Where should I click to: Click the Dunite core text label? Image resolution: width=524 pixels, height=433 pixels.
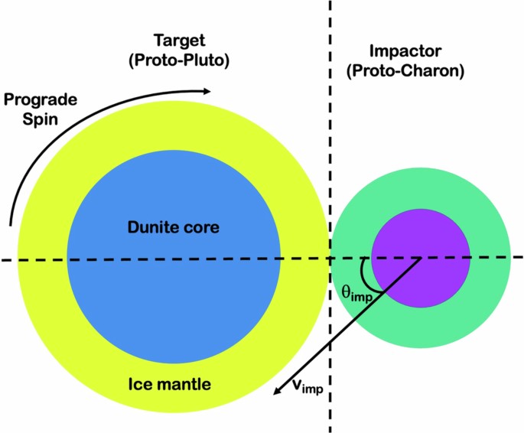174,227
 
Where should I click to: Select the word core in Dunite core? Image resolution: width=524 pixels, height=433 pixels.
201,227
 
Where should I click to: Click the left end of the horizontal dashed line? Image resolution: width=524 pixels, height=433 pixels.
3,261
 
